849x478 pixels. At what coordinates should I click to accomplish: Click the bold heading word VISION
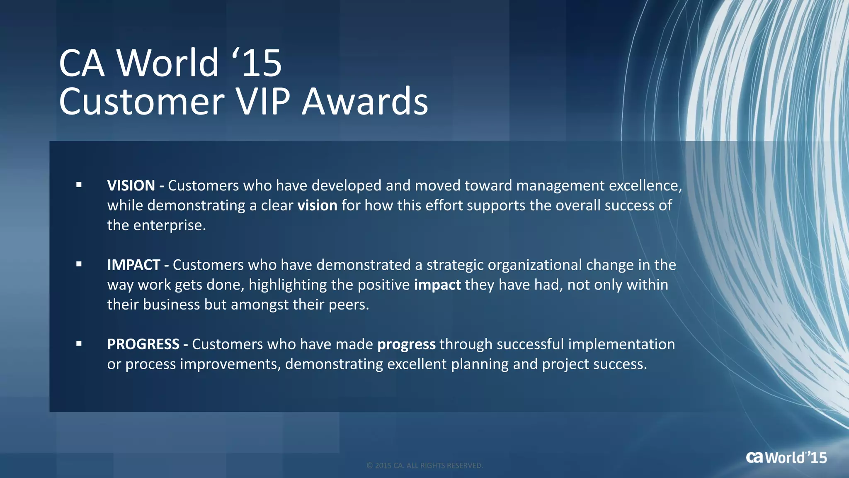point(131,185)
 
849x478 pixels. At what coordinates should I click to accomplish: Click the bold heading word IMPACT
point(133,265)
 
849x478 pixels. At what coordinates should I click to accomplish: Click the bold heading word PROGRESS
point(143,344)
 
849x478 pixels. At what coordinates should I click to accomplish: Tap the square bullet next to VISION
point(79,185)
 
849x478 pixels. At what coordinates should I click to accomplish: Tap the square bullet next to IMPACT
point(79,264)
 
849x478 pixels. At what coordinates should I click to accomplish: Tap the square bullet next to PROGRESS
point(79,344)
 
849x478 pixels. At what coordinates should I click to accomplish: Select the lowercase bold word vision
point(317,205)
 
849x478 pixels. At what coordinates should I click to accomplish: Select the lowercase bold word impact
point(437,285)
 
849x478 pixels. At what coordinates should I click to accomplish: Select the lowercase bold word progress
point(406,344)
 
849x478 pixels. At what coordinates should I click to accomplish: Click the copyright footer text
point(424,466)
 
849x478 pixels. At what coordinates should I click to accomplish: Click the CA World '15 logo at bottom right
point(786,457)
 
